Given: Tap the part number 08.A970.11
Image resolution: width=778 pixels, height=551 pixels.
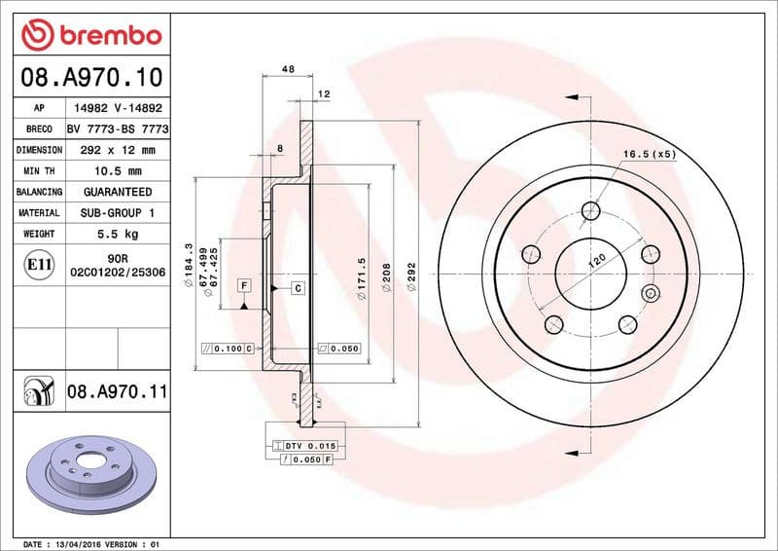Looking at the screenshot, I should coord(118,392).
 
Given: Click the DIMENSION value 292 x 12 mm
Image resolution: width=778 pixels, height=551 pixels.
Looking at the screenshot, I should coord(117,151).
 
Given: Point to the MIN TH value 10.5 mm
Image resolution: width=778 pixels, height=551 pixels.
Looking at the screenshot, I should coord(117,171).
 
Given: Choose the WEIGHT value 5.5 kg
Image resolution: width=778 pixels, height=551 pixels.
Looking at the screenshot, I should coord(117,234).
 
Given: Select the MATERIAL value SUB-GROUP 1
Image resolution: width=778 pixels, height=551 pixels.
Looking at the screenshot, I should coord(117,212).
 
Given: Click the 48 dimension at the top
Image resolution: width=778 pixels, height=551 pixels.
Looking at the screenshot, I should coord(288,69).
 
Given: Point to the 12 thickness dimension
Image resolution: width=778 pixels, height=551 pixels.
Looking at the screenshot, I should coord(324,93).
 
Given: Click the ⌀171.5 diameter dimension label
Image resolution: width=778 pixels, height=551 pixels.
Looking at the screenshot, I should coord(361,278).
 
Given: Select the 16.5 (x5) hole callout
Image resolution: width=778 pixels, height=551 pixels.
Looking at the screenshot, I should coord(649,154).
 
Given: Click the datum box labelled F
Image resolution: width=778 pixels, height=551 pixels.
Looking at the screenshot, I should coord(243,285).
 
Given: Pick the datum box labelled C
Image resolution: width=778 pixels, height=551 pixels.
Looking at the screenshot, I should coord(298,288).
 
